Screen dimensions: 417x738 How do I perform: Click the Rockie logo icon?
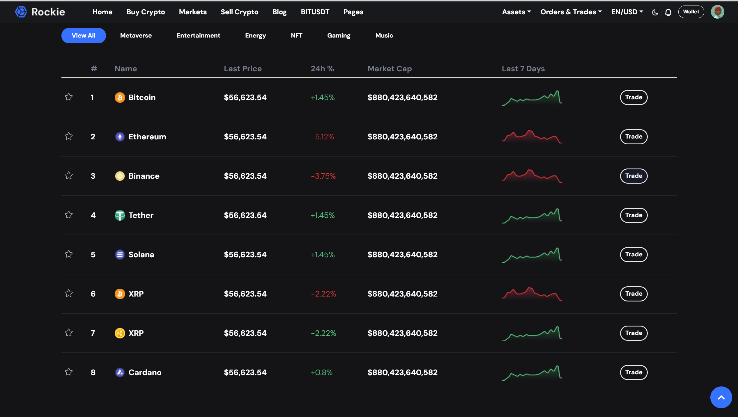pos(21,12)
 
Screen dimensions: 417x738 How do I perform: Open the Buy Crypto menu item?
pos(146,12)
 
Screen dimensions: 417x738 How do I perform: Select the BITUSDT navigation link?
pos(315,12)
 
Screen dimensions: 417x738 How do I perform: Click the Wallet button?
pos(691,12)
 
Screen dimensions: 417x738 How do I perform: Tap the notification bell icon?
pos(668,12)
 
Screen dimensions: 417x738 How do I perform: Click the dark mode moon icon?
pos(655,12)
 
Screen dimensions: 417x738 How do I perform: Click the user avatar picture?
pos(717,12)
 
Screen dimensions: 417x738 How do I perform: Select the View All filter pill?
pos(84,36)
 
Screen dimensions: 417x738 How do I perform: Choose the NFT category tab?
pos(296,36)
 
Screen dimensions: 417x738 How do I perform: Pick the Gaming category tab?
pos(339,36)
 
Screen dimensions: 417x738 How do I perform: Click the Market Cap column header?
pos(390,69)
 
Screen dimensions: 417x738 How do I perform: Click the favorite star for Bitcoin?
pos(69,97)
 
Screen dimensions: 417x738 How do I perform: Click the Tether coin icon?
pos(120,215)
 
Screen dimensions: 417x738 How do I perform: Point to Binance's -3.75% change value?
pos(323,176)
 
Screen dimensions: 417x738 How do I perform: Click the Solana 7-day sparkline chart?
pos(532,255)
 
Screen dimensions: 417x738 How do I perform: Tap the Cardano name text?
pos(145,372)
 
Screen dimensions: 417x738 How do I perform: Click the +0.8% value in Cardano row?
pos(321,372)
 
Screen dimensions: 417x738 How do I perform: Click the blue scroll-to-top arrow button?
pos(721,398)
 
